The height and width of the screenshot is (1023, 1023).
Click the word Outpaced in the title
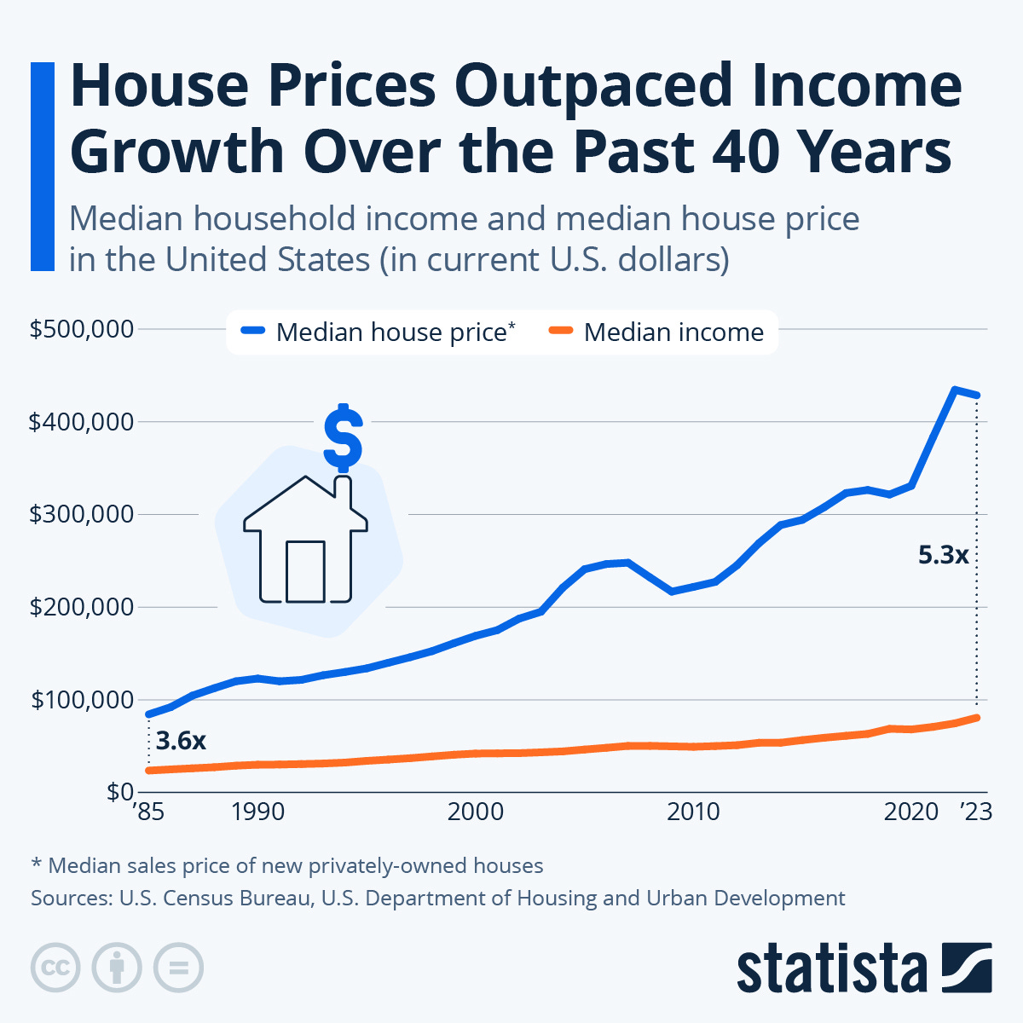592,86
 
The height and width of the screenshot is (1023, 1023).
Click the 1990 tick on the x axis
257,812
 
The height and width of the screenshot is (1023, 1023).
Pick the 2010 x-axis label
693,812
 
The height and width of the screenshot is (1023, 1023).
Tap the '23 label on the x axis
976,812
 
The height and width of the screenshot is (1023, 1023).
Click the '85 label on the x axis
148,812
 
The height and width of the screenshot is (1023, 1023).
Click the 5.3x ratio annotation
944,556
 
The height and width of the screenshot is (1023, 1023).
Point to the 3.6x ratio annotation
182,741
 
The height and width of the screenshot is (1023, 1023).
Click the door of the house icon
305,571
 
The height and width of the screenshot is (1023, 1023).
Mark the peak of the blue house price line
955,390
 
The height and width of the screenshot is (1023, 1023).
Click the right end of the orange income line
977,718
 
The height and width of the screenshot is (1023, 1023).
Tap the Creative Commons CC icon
55,968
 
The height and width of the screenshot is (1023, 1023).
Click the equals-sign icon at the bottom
178,968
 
